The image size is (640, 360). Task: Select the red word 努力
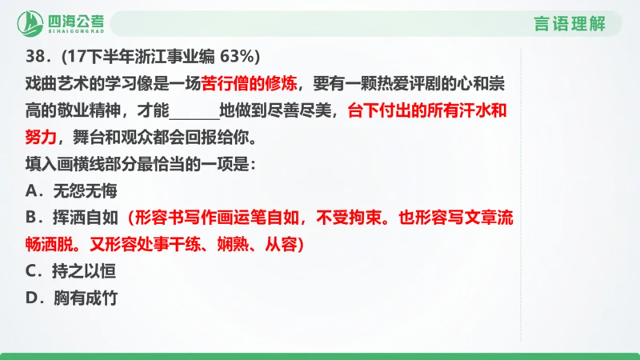[x=41, y=138]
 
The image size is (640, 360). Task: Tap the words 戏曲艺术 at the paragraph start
[x=57, y=84]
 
